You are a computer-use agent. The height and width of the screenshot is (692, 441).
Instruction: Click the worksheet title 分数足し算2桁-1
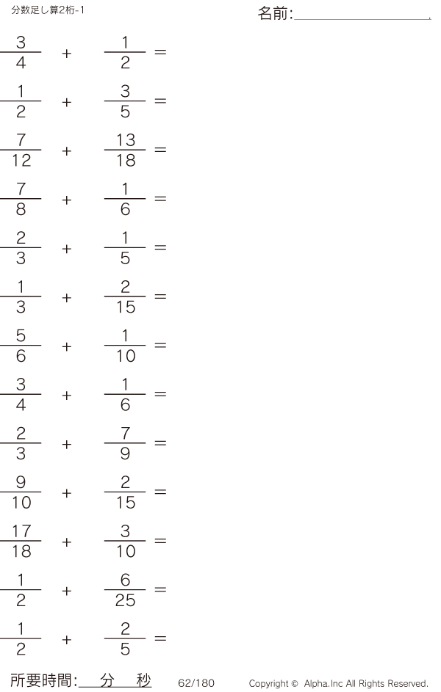[48, 10]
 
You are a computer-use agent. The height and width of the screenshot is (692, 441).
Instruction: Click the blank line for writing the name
[362, 19]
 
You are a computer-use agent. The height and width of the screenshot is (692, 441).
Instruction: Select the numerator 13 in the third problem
[126, 140]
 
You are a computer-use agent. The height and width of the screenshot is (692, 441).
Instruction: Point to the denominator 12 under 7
[21, 160]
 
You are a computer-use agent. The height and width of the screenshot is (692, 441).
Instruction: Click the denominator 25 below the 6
[125, 600]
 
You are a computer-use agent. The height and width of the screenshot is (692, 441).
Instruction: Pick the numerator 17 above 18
[21, 531]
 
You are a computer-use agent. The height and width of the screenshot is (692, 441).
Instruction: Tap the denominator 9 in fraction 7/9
[125, 454]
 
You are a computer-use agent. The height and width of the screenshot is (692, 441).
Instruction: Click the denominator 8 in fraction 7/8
[21, 208]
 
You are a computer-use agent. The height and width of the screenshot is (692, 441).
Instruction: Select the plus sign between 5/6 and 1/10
[67, 346]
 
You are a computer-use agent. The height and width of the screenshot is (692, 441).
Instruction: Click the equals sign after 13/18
[160, 150]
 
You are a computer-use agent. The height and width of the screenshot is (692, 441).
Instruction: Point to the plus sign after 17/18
[67, 542]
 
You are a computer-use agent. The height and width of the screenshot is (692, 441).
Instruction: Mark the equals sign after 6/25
[160, 589]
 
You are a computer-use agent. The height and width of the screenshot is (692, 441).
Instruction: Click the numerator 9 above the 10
[21, 482]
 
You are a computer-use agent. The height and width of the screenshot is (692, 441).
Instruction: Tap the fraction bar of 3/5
[125, 101]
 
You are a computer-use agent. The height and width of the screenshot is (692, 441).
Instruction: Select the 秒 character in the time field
[143, 680]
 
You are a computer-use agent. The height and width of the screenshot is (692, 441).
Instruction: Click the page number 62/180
[196, 683]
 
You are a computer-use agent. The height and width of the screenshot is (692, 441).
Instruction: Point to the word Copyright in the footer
[269, 684]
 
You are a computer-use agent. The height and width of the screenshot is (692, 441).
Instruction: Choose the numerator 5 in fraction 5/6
[21, 335]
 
